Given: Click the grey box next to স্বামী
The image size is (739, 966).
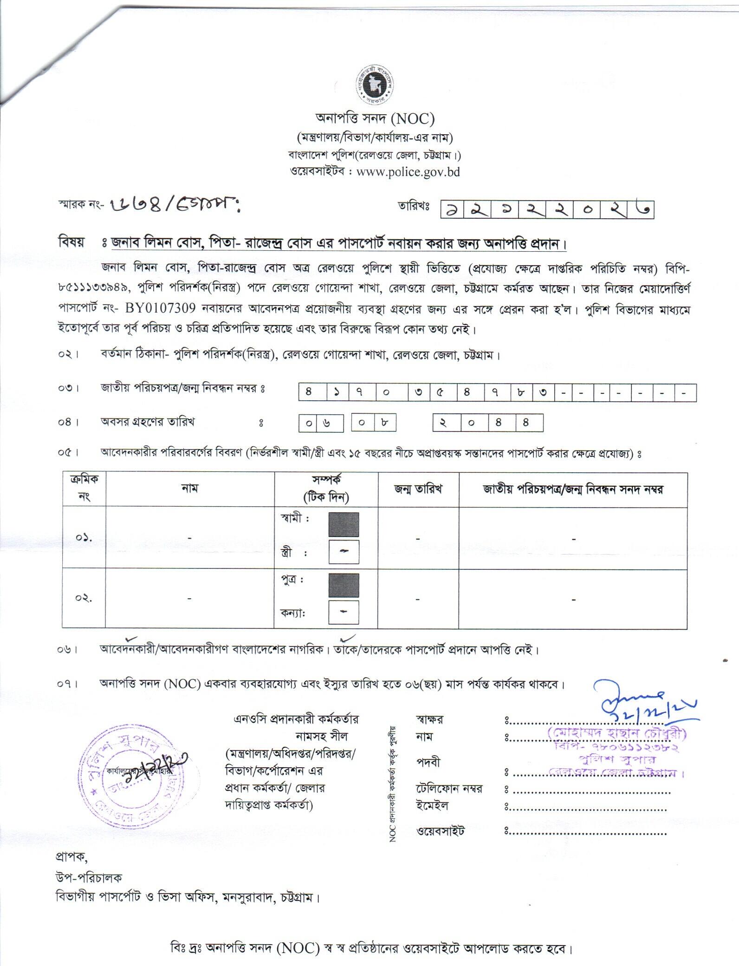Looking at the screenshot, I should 344,525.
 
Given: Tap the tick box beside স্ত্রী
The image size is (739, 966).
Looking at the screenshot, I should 344,551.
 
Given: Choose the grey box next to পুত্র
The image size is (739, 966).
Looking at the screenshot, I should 344,585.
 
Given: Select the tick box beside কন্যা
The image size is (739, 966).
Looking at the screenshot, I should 344,612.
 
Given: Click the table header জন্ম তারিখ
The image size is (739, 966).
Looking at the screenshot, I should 418,489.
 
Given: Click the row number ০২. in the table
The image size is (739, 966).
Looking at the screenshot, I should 84,598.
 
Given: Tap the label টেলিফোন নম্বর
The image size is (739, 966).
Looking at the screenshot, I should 449,789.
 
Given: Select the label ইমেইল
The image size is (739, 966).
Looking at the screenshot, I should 432,806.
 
